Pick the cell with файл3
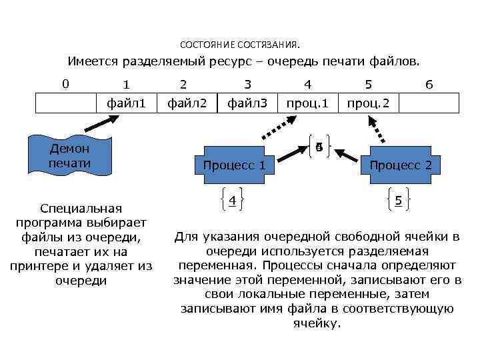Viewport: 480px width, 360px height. (x=247, y=103)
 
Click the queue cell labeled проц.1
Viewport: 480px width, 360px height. (x=307, y=103)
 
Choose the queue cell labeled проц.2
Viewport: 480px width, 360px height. (x=368, y=103)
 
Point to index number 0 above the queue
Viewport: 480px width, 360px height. (x=65, y=84)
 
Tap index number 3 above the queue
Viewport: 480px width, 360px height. (x=247, y=85)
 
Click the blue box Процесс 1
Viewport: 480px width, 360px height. (x=234, y=164)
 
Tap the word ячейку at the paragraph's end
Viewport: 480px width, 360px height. (x=317, y=323)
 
